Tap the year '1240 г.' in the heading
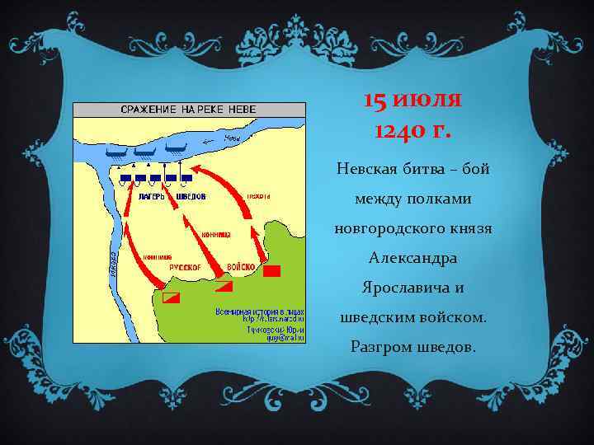412,129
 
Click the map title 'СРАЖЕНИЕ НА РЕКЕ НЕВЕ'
189,110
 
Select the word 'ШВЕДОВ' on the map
191,196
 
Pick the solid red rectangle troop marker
272,269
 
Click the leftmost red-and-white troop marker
171,297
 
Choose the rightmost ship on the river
175,149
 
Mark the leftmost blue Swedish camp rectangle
125,178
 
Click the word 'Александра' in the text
412,258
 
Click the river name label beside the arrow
233,138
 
